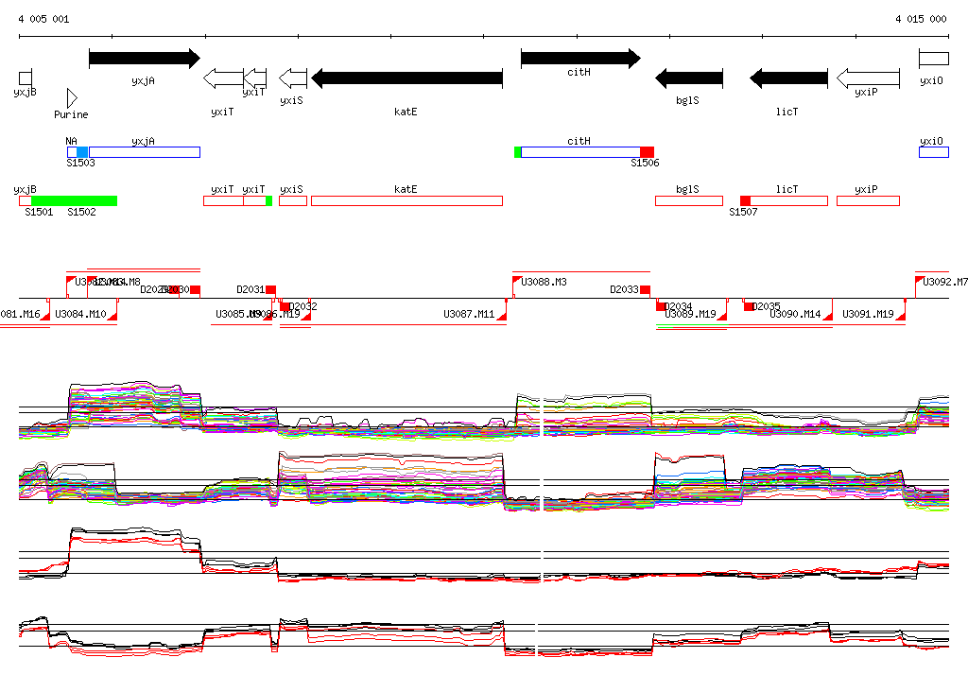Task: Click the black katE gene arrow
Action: [406, 78]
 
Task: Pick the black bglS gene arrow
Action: [689, 78]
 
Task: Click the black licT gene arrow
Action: [788, 78]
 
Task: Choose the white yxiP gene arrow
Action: [868, 78]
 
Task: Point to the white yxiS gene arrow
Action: [293, 78]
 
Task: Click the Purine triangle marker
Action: [72, 97]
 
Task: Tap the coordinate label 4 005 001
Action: [43, 19]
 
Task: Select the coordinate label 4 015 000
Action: [921, 19]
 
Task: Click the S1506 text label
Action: [645, 164]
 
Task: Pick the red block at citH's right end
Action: [647, 152]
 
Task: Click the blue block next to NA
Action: [82, 152]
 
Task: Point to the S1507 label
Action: [743, 212]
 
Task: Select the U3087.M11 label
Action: [469, 314]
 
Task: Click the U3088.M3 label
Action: [544, 282]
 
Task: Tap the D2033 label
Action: [624, 289]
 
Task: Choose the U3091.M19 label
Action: [868, 314]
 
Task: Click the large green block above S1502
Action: [74, 200]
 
